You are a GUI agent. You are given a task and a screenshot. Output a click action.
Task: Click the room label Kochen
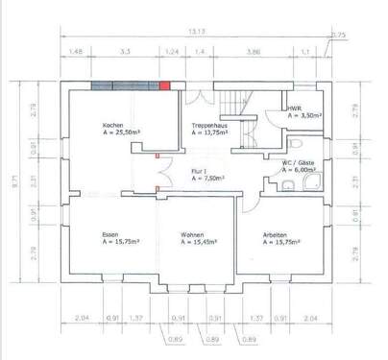coord(114,127)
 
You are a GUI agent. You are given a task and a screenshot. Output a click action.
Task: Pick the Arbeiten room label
coord(278,236)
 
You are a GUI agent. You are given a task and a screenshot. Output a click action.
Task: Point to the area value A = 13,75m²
coord(210,133)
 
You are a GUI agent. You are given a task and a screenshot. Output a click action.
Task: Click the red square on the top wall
coord(165,85)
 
